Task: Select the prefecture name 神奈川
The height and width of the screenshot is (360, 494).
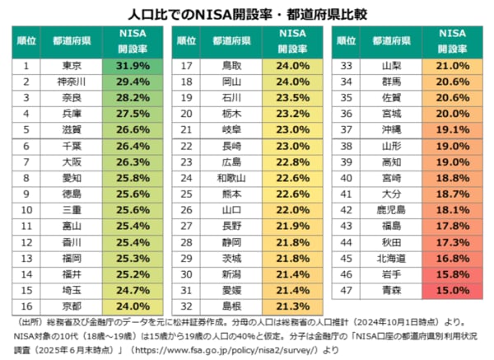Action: coord(72,82)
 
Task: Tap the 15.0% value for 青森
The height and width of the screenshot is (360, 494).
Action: coord(453,290)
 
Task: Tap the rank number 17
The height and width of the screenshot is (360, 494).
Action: coord(186,65)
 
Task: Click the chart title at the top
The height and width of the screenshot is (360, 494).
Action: coord(247,14)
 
